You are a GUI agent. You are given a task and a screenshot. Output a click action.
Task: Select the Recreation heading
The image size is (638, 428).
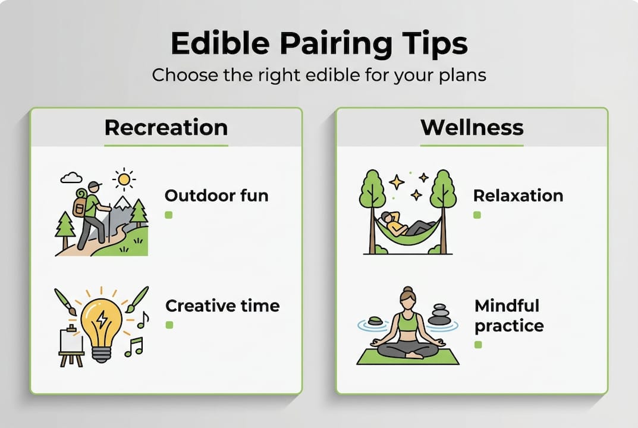click(166, 127)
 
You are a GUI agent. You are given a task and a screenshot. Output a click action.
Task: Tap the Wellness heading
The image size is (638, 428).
click(472, 127)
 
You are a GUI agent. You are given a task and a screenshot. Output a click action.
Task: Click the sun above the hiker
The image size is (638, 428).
click(124, 178)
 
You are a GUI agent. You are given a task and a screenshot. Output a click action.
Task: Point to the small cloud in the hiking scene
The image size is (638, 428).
click(71, 177)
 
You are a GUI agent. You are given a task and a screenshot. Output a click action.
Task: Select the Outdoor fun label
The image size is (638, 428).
click(216, 196)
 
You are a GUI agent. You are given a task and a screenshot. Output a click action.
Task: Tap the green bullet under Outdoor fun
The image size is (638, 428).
click(169, 215)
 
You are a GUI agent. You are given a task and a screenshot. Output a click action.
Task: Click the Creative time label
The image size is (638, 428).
click(222, 306)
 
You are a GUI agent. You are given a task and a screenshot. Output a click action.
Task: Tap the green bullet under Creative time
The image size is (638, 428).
click(169, 325)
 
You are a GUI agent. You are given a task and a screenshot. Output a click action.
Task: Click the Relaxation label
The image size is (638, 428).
click(518, 196)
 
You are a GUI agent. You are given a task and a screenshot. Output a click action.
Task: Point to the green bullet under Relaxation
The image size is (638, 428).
click(477, 215)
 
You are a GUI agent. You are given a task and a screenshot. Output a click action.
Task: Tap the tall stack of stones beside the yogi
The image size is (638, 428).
click(439, 314)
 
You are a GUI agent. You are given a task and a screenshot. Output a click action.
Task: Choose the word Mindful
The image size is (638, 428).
click(507, 306)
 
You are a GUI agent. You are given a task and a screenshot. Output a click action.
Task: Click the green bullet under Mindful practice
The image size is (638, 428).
click(478, 345)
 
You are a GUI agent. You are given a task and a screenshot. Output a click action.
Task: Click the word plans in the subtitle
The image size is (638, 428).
click(463, 76)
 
